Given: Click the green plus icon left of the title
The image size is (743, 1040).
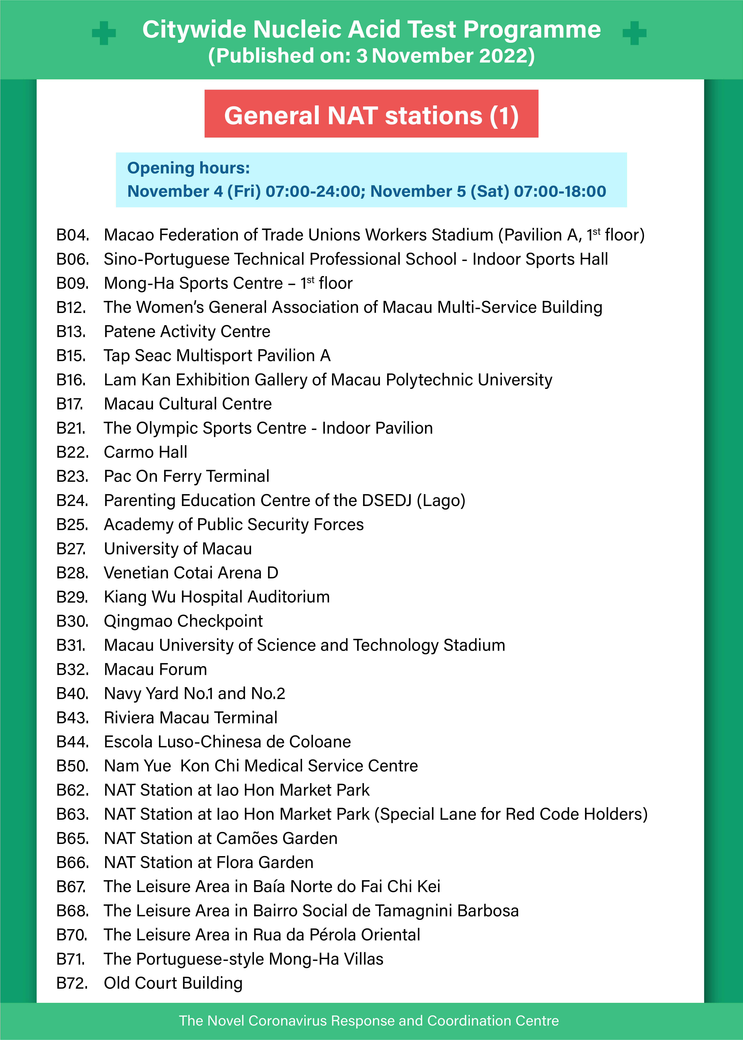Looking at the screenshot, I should click(104, 33).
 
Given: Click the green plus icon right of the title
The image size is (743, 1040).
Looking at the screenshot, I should click(635, 33).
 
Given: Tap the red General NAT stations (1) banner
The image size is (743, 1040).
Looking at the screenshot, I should click(371, 114).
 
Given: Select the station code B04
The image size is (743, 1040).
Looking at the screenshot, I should click(72, 235).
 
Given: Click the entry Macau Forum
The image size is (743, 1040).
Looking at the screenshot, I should click(156, 670).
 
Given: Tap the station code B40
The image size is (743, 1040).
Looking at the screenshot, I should click(72, 694).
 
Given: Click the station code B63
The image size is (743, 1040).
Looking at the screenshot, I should click(72, 815).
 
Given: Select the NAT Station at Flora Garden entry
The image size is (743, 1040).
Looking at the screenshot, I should click(209, 862).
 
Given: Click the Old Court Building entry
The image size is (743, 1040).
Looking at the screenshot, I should click(173, 983).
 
